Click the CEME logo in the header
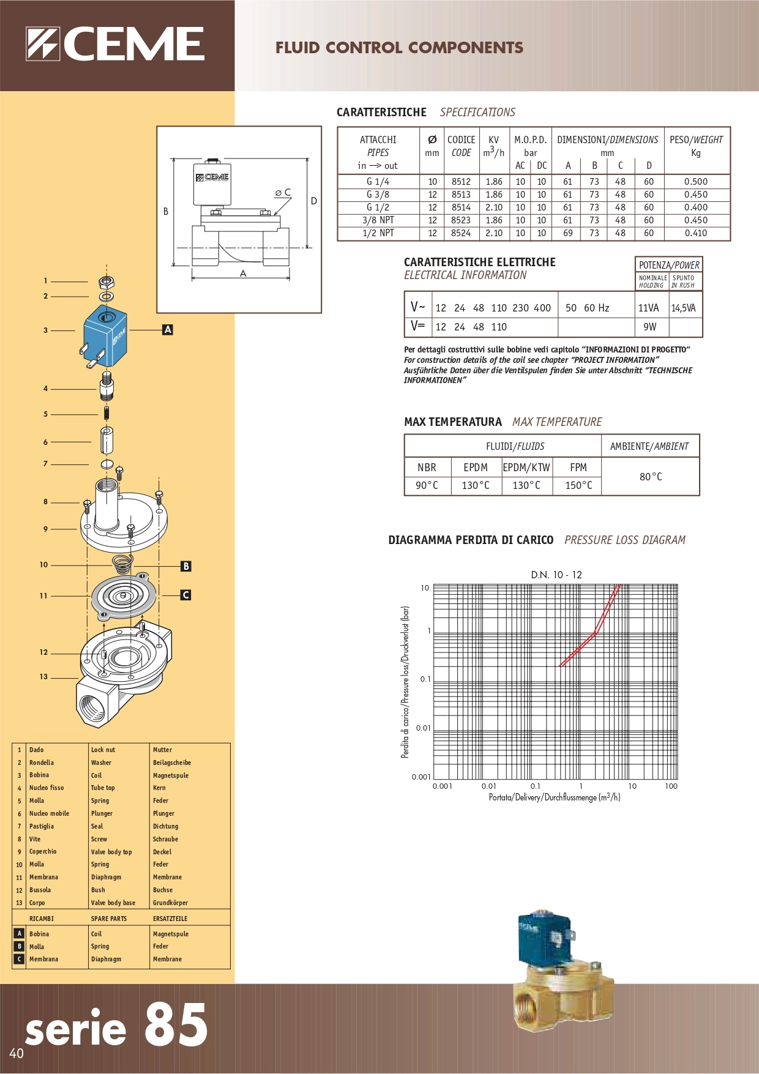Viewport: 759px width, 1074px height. (x=115, y=44)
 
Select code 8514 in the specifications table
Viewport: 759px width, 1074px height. (x=461, y=207)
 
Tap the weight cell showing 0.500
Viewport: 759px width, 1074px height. (x=695, y=182)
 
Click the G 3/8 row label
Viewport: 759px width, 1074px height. (x=378, y=195)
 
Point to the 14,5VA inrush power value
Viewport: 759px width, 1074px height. (x=684, y=308)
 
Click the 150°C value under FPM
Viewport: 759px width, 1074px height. (x=578, y=485)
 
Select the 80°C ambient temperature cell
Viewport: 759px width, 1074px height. (x=650, y=477)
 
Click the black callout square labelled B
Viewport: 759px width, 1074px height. (x=186, y=566)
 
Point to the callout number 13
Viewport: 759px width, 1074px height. (x=43, y=677)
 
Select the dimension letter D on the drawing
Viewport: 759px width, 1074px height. (x=314, y=201)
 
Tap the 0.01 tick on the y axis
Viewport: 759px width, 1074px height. (x=423, y=728)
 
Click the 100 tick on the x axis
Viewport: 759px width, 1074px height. (x=671, y=786)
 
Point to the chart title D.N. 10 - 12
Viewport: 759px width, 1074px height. (x=556, y=575)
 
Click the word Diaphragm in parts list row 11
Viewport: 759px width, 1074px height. (x=106, y=877)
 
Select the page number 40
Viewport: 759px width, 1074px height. (x=17, y=1053)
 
